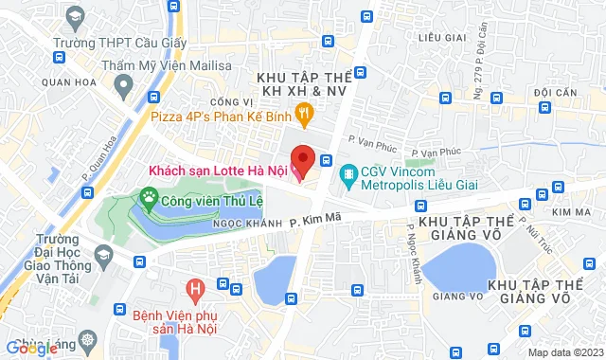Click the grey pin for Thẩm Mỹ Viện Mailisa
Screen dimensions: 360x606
coord(122,85)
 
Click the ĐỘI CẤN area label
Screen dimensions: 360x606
coord(555,91)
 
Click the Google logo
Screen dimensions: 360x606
coord(32,349)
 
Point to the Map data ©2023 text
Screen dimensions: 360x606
coord(564,352)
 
